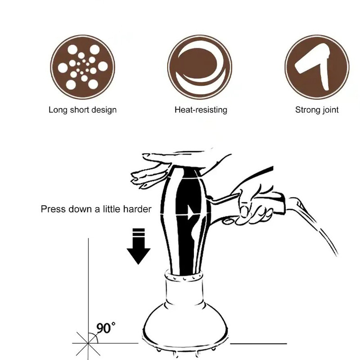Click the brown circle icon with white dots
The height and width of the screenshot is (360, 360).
coord(82,67)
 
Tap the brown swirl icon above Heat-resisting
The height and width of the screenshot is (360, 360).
coord(200,67)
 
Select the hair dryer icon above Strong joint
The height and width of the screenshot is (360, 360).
coord(317,67)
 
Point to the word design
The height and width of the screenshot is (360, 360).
coord(104,110)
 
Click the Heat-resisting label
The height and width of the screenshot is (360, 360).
coord(201,110)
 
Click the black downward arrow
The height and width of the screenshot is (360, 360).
coord(139,246)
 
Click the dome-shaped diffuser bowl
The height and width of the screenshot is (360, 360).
coord(185,326)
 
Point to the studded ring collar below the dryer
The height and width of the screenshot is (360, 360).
coord(184,275)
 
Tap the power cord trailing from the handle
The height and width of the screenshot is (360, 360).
coord(315,223)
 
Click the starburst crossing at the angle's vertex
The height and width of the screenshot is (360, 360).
coord(88,343)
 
